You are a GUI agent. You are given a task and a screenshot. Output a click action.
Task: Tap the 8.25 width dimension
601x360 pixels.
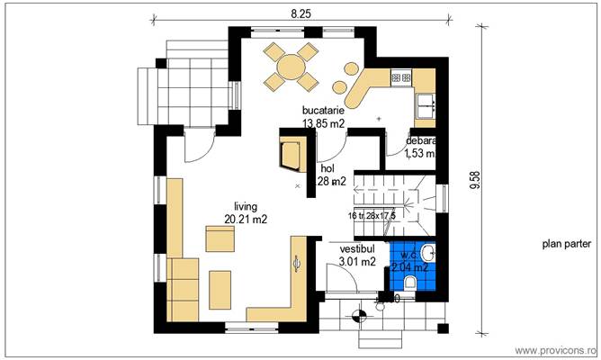tap(300, 13)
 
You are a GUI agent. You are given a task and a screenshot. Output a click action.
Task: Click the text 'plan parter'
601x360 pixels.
tap(566, 244)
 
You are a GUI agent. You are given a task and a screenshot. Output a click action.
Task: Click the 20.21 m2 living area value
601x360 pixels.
tap(246, 218)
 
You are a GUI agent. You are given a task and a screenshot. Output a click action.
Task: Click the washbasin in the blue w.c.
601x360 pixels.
tap(428, 252)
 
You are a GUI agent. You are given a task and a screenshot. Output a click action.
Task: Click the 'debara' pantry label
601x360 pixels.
tap(420, 141)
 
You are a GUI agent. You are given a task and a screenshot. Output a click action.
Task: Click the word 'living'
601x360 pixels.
tap(246, 205)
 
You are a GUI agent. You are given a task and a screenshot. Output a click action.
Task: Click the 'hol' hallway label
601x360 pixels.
tap(327, 167)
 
